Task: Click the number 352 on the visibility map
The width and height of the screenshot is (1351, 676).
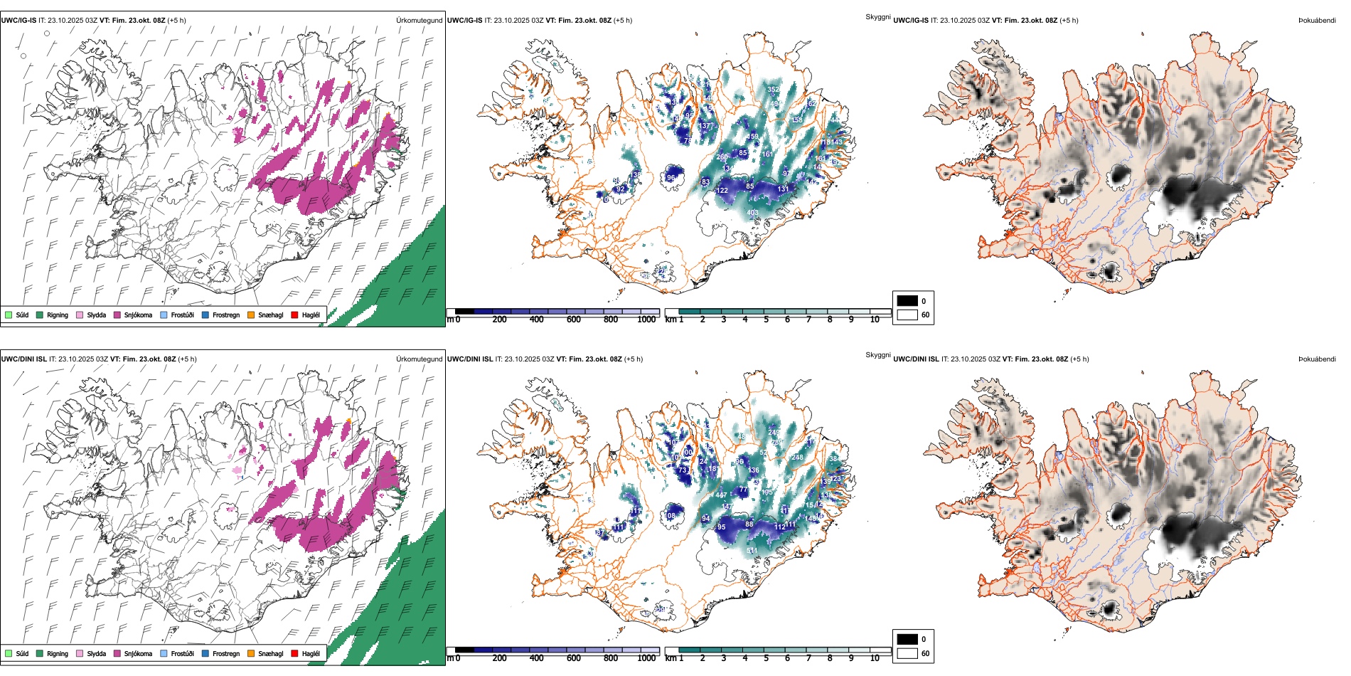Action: (774, 90)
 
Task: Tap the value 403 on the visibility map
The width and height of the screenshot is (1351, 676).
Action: (752, 213)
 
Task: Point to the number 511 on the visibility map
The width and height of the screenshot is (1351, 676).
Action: (752, 551)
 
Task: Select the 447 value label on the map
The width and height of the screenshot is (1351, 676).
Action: (721, 495)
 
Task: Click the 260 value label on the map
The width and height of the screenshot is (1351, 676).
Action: (722, 157)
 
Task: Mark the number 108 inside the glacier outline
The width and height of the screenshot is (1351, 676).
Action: (671, 516)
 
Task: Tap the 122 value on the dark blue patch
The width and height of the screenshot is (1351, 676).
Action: (722, 191)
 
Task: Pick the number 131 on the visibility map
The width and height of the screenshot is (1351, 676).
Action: (783, 189)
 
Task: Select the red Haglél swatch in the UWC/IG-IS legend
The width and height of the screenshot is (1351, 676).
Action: (295, 315)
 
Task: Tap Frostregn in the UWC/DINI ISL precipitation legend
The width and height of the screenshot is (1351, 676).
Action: (225, 653)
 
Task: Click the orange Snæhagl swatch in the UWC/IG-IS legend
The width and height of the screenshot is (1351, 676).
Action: (251, 315)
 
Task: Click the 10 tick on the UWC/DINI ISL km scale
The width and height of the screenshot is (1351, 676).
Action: (875, 658)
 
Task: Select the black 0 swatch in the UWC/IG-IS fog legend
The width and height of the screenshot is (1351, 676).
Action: (907, 301)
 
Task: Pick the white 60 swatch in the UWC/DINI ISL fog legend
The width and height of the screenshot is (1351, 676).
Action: (907, 653)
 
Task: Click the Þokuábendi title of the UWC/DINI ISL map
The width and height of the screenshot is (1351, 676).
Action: (1317, 359)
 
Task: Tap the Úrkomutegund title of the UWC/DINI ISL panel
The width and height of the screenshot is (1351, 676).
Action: (419, 359)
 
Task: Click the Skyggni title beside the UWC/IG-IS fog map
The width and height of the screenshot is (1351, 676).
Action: (877, 17)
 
